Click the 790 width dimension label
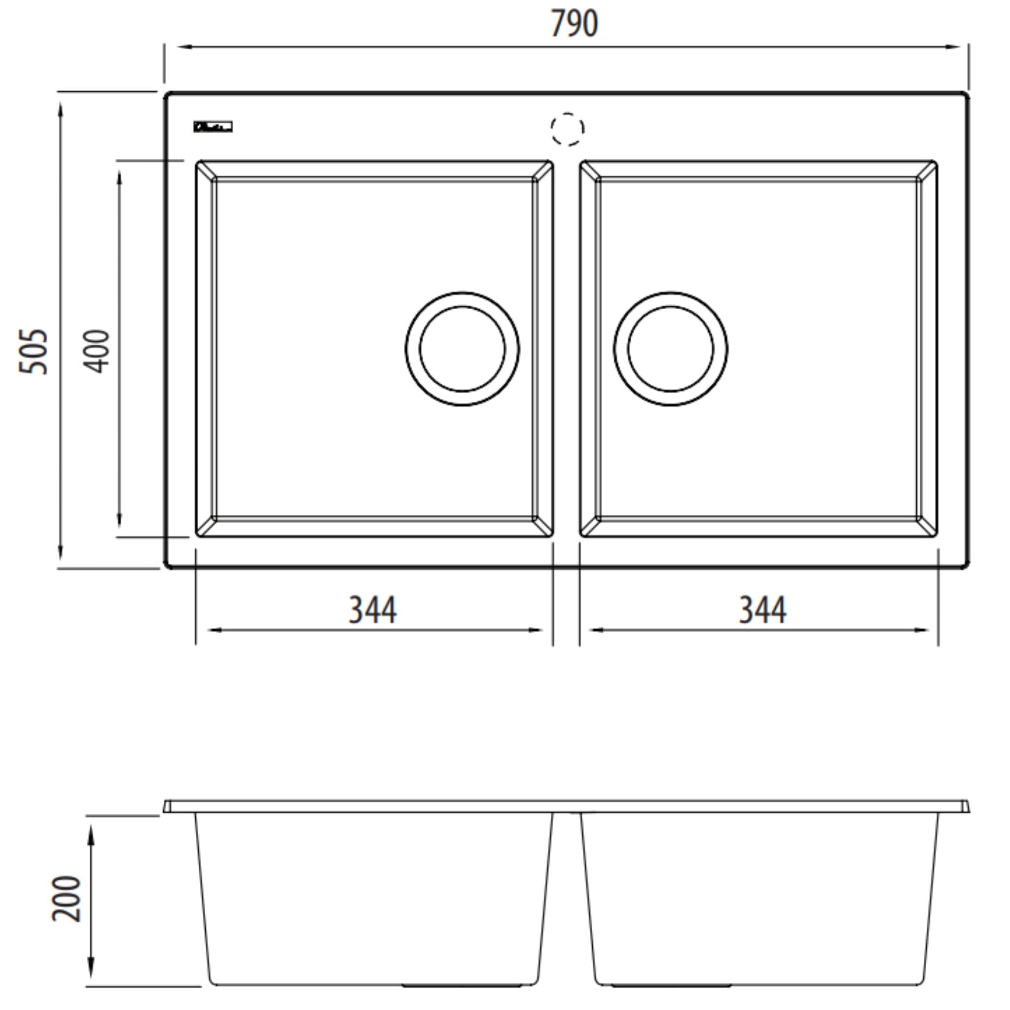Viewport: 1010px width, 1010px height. point(574,24)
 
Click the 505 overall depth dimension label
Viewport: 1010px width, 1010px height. point(34,351)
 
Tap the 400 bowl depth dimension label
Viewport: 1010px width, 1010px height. point(97,351)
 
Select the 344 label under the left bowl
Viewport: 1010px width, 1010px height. point(373,610)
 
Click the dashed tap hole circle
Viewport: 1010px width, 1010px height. point(567,129)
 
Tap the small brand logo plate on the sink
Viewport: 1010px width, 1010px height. point(213,127)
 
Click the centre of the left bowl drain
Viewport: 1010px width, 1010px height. point(462,349)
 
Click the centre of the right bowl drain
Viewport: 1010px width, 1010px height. point(671,349)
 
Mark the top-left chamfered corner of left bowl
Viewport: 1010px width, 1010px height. point(206,171)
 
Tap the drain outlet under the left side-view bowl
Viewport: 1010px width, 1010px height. point(462,986)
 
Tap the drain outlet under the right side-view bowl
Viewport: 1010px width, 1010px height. point(671,986)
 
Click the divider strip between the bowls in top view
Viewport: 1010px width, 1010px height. point(567,349)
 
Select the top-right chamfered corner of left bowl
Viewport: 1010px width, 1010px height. point(543,171)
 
